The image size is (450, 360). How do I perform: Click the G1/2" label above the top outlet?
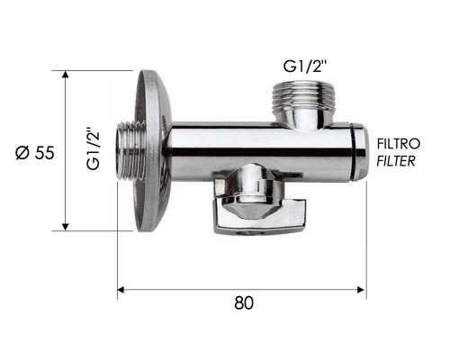tap(304, 66)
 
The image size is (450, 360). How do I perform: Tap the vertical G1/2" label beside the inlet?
tap(94, 149)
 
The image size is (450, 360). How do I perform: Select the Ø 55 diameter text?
tap(35, 153)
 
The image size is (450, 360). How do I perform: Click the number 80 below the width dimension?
tap(244, 302)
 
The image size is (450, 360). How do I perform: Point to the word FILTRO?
tap(399, 144)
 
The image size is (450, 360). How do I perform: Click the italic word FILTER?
tap(396, 161)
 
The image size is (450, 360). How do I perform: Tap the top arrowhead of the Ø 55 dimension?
tap(65, 75)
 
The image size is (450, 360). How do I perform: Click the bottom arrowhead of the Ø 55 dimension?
tap(65, 227)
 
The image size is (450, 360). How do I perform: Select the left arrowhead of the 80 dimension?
tap(121, 290)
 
